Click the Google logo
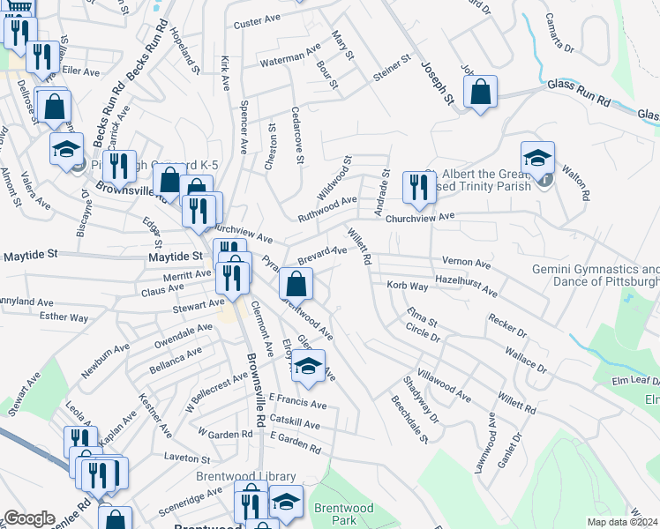coord(29,518)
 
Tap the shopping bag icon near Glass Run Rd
coord(480,93)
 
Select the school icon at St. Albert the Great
coord(536,159)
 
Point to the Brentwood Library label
coord(245,476)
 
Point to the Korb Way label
coord(408,286)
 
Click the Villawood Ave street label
coord(451,382)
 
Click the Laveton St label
coord(187,458)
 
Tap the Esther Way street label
coord(64,317)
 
